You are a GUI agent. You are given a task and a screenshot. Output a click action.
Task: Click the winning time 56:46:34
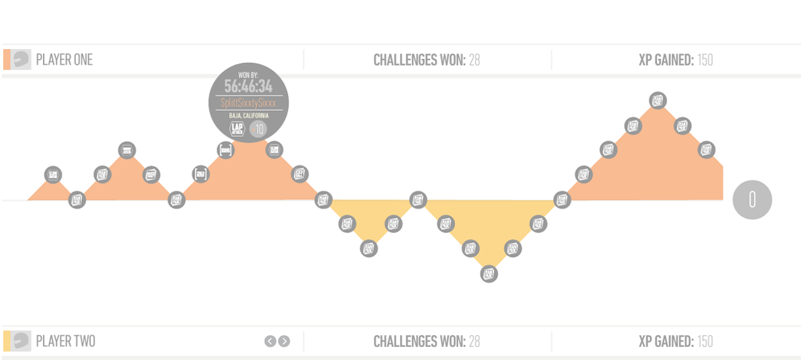[248, 86]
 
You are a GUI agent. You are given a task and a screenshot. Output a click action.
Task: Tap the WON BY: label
[248, 74]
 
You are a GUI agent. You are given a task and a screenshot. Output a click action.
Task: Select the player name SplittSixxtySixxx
[248, 103]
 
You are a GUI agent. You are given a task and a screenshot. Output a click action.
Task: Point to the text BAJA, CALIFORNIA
[248, 116]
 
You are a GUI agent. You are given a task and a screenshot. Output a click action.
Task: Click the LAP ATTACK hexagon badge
[237, 129]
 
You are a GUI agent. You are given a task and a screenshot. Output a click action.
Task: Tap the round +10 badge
[258, 129]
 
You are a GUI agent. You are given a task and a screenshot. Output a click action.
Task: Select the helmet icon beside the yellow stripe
[22, 341]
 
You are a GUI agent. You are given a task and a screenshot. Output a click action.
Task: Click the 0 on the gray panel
[753, 200]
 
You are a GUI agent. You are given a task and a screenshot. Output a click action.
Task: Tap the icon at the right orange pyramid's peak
[658, 101]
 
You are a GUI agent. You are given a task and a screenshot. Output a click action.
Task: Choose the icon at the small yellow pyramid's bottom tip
[368, 248]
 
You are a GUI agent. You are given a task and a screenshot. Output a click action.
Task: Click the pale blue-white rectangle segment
[529, 169]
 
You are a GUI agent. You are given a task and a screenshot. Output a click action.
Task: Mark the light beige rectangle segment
[484, 169]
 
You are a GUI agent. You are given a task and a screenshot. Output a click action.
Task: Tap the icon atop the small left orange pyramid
[127, 151]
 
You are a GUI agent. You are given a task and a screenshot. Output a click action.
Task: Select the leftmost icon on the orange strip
[54, 175]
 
